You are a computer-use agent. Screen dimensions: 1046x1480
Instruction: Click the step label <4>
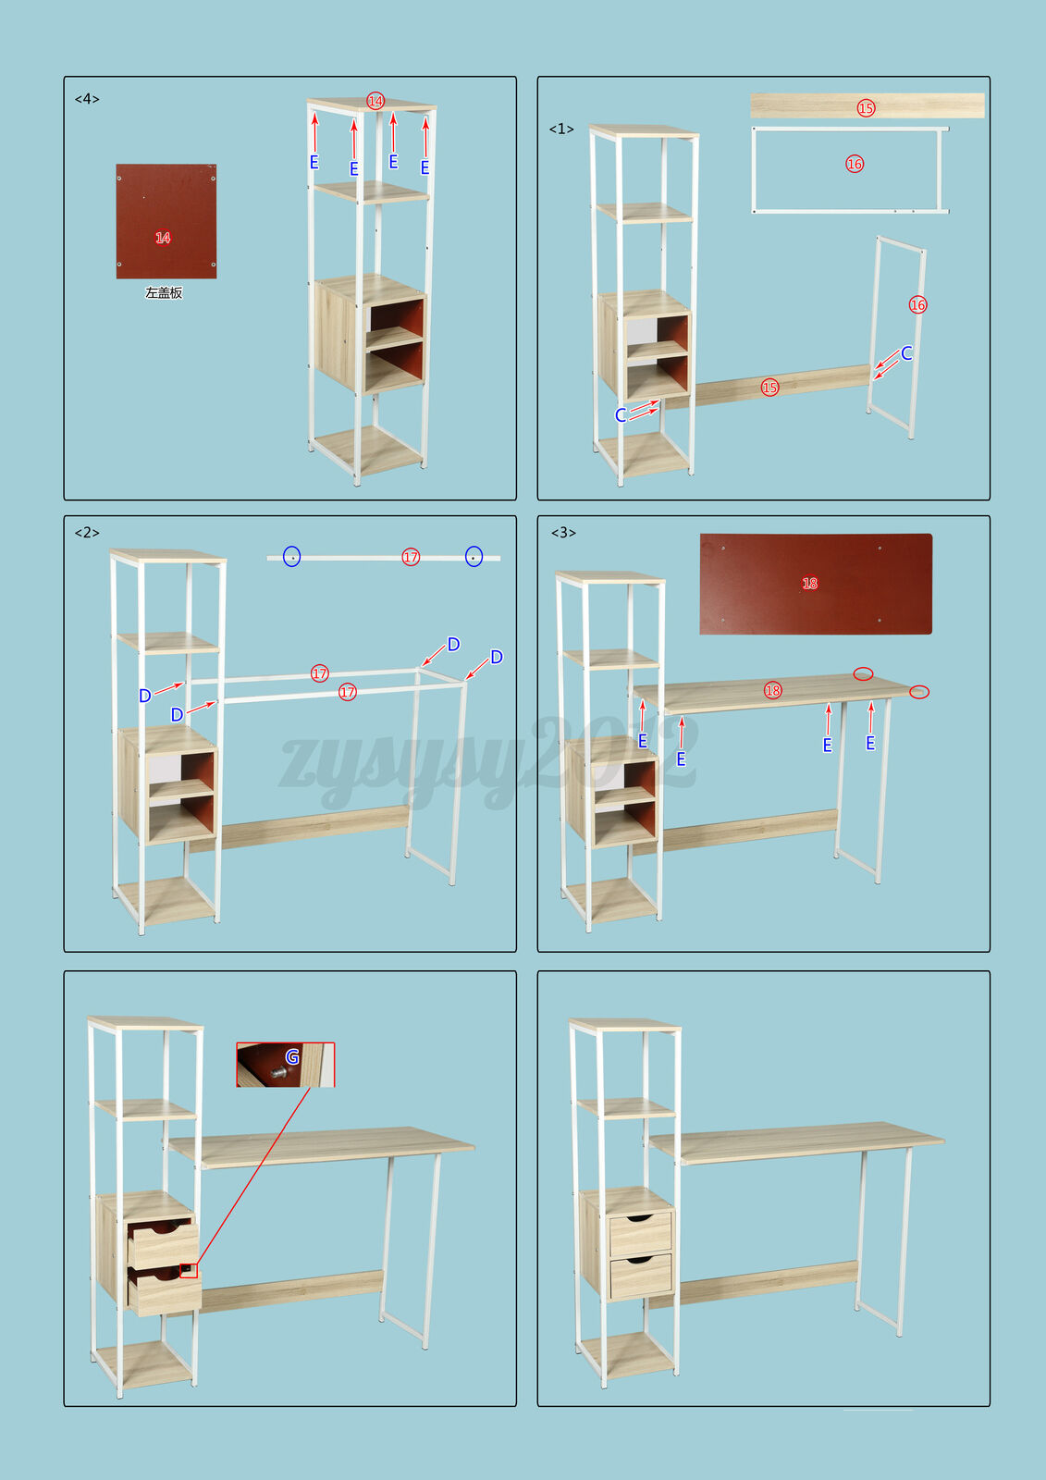[87, 99]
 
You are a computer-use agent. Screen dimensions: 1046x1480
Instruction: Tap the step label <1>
[561, 129]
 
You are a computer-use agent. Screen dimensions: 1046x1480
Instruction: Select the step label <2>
[87, 533]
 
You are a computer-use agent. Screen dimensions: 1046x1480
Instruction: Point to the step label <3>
[563, 533]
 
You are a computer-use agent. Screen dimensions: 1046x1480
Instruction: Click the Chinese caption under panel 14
[164, 292]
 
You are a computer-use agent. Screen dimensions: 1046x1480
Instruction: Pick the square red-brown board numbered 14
[166, 221]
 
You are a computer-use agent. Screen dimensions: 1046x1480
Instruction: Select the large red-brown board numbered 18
[816, 584]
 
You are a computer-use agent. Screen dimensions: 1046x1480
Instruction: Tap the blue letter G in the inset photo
[292, 1057]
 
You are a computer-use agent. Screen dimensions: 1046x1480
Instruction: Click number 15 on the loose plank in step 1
[866, 107]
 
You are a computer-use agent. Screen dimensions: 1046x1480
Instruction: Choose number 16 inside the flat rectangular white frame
[855, 164]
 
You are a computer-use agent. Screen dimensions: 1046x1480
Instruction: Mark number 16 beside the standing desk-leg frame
[917, 304]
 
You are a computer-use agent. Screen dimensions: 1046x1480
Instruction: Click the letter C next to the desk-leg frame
[906, 353]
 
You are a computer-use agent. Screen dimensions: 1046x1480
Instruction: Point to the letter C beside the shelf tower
[621, 415]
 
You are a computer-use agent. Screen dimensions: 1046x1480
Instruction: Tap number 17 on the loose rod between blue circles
[411, 557]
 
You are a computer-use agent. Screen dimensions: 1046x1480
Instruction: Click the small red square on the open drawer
[189, 1270]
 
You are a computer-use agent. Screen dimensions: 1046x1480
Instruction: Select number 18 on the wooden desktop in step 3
[772, 690]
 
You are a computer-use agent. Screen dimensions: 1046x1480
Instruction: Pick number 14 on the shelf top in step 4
[375, 101]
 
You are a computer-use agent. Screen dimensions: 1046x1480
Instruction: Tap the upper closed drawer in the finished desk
[640, 1234]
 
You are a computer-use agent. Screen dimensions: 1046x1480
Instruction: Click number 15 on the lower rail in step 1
[769, 388]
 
